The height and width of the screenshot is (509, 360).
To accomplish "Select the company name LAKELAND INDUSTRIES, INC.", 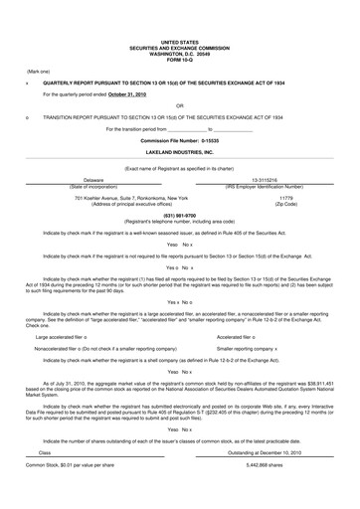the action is [x=180, y=152].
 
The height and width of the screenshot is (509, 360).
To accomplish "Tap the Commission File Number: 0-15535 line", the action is [x=180, y=141].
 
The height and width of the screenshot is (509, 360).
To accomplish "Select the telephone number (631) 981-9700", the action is [x=180, y=215].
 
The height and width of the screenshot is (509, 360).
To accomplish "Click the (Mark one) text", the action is [x=39, y=72].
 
